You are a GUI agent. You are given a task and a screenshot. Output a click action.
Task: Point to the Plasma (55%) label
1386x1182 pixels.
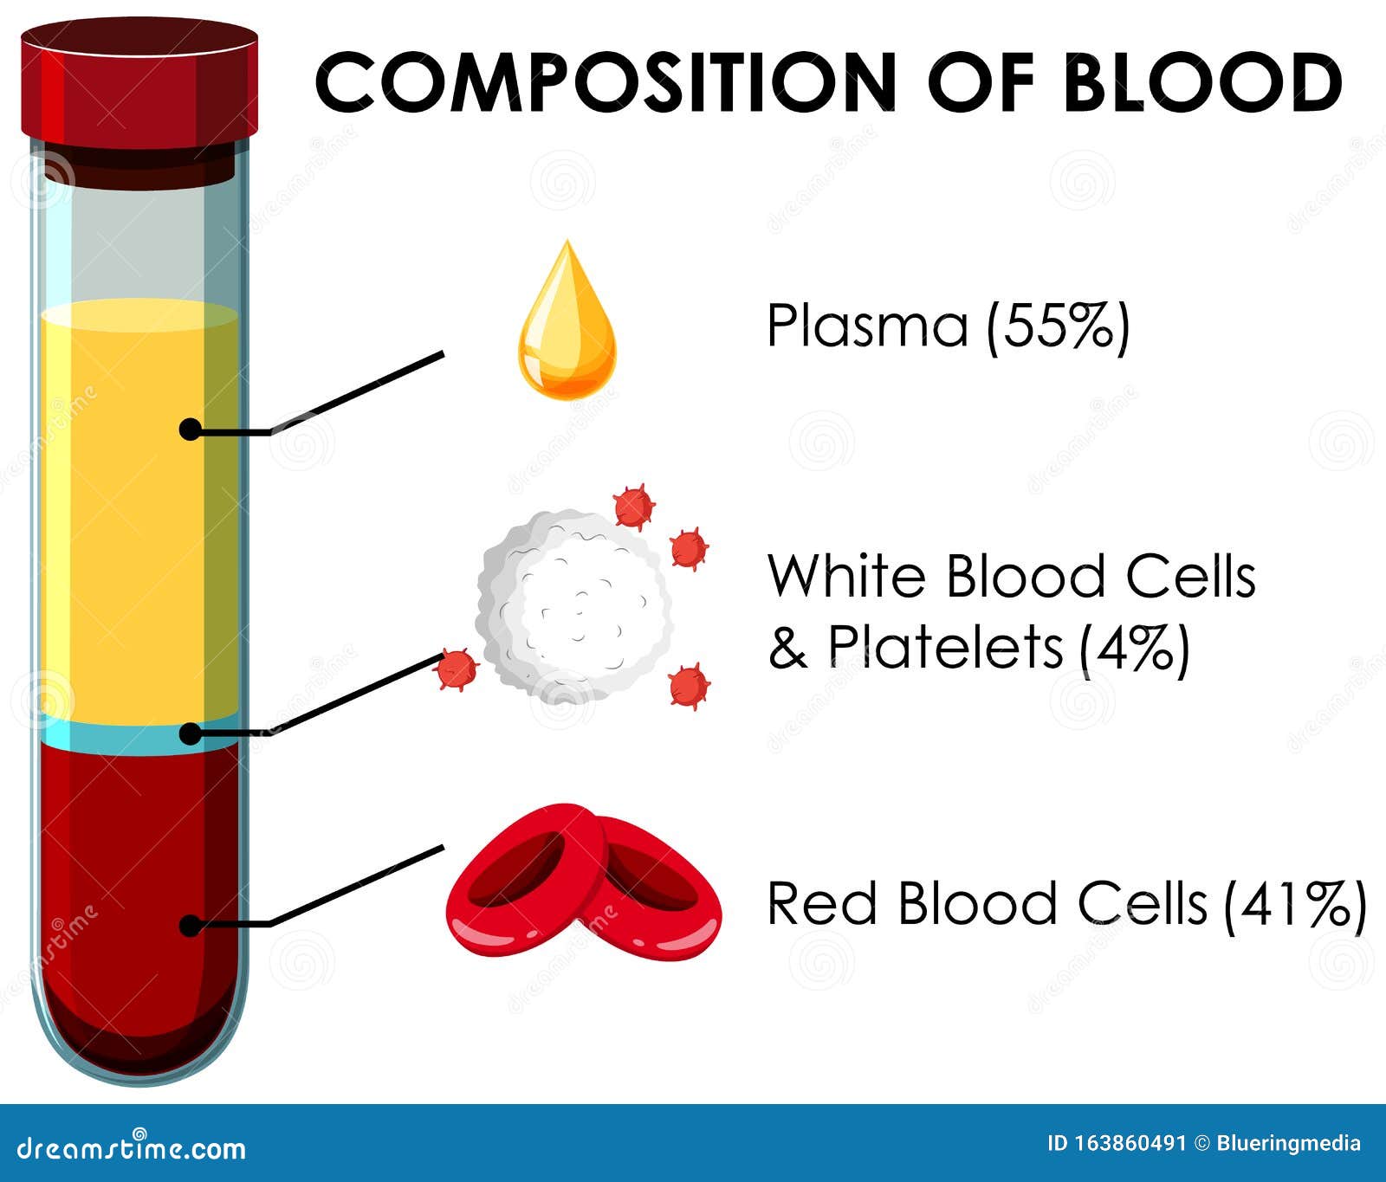pos(948,326)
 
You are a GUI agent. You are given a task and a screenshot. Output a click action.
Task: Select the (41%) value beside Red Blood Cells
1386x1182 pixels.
pos(1295,905)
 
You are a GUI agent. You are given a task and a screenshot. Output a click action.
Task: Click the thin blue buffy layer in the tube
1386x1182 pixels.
pos(139,736)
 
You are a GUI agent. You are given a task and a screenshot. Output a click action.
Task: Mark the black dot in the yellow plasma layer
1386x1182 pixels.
pos(190,429)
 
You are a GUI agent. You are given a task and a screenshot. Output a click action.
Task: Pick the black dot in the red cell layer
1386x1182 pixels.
pos(190,925)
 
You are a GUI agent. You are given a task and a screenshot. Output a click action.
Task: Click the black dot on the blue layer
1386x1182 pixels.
pos(190,734)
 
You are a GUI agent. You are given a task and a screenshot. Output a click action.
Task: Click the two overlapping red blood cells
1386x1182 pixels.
pos(582,879)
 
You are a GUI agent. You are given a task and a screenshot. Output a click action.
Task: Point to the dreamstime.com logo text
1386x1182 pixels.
pos(130,1148)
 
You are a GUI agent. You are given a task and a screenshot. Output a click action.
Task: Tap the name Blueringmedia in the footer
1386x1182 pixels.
pos(1289,1144)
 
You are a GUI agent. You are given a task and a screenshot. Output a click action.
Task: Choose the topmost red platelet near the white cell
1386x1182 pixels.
pos(633,507)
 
